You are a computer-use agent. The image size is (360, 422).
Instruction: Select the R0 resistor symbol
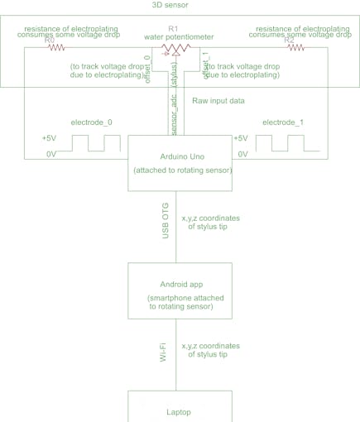pos(56,48)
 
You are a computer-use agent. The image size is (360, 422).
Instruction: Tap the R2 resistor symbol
pos(295,48)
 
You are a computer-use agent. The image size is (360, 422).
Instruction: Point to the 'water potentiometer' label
pos(178,37)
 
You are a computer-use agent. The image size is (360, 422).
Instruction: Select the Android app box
pos(179,290)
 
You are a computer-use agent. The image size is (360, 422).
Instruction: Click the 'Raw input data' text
pos(219,100)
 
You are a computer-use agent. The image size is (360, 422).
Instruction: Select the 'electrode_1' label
pos(283,122)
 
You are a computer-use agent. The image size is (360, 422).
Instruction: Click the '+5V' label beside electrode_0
pos(49,138)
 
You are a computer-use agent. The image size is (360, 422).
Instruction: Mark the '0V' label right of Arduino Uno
pos(242,155)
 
